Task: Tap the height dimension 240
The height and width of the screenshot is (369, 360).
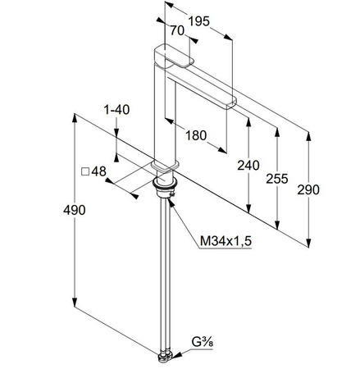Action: pos(248,166)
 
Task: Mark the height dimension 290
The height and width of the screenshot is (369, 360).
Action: pos(308,189)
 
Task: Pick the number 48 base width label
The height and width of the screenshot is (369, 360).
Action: pos(98,171)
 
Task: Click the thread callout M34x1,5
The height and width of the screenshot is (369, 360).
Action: pos(223,242)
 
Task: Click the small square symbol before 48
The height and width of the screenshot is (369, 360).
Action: pos(84,171)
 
